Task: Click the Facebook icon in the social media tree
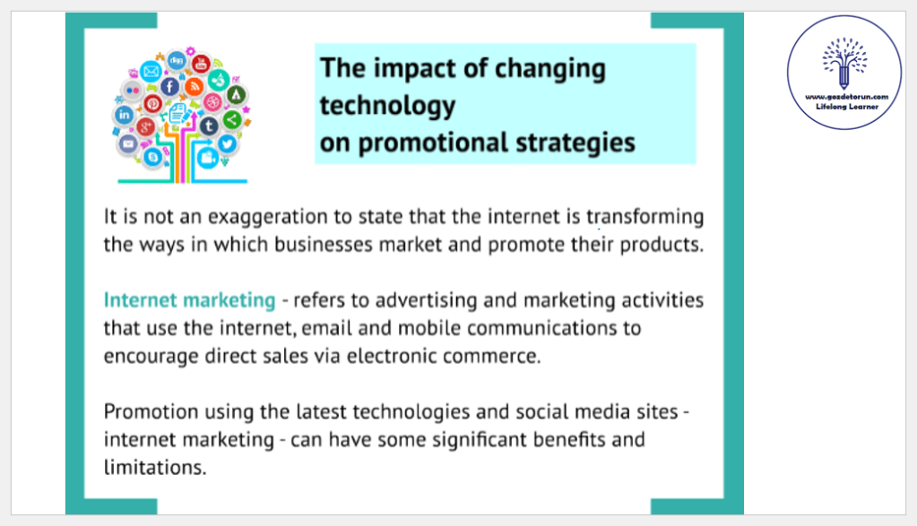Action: [169, 87]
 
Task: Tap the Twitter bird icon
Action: [227, 143]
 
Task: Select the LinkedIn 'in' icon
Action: [124, 115]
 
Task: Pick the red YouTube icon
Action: [201, 64]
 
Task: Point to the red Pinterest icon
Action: [153, 104]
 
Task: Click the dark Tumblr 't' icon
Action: [209, 125]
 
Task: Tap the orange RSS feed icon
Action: [195, 87]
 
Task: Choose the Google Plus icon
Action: [145, 126]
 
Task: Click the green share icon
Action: [232, 120]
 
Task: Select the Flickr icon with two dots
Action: [133, 91]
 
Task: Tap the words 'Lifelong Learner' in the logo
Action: [847, 107]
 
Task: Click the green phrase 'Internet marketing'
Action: [189, 300]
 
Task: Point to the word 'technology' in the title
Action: [387, 107]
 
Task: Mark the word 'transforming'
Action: [645, 217]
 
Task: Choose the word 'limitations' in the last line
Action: [155, 468]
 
